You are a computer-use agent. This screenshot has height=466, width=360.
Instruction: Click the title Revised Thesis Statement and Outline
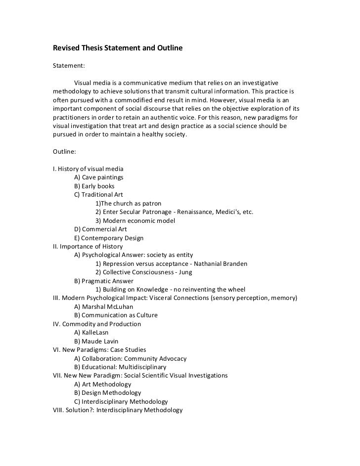[118, 48]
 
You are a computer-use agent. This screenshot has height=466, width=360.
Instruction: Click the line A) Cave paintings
[98, 177]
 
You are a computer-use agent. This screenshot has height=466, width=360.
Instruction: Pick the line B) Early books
[94, 186]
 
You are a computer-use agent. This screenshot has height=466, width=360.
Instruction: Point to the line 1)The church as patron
[128, 204]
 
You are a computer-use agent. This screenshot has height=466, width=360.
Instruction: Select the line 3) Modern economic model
[135, 220]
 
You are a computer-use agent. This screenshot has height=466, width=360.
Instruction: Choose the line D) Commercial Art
[100, 229]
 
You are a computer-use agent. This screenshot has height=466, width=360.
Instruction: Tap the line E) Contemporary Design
[109, 238]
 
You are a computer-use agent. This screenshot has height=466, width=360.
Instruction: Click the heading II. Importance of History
[88, 247]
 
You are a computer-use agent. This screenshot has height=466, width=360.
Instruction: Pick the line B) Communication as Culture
[116, 315]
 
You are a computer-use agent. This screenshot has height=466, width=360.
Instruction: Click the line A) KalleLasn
[91, 333]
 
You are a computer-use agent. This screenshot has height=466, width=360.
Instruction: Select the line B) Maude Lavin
[96, 341]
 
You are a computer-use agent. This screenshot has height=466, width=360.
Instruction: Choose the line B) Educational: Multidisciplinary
[120, 367]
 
